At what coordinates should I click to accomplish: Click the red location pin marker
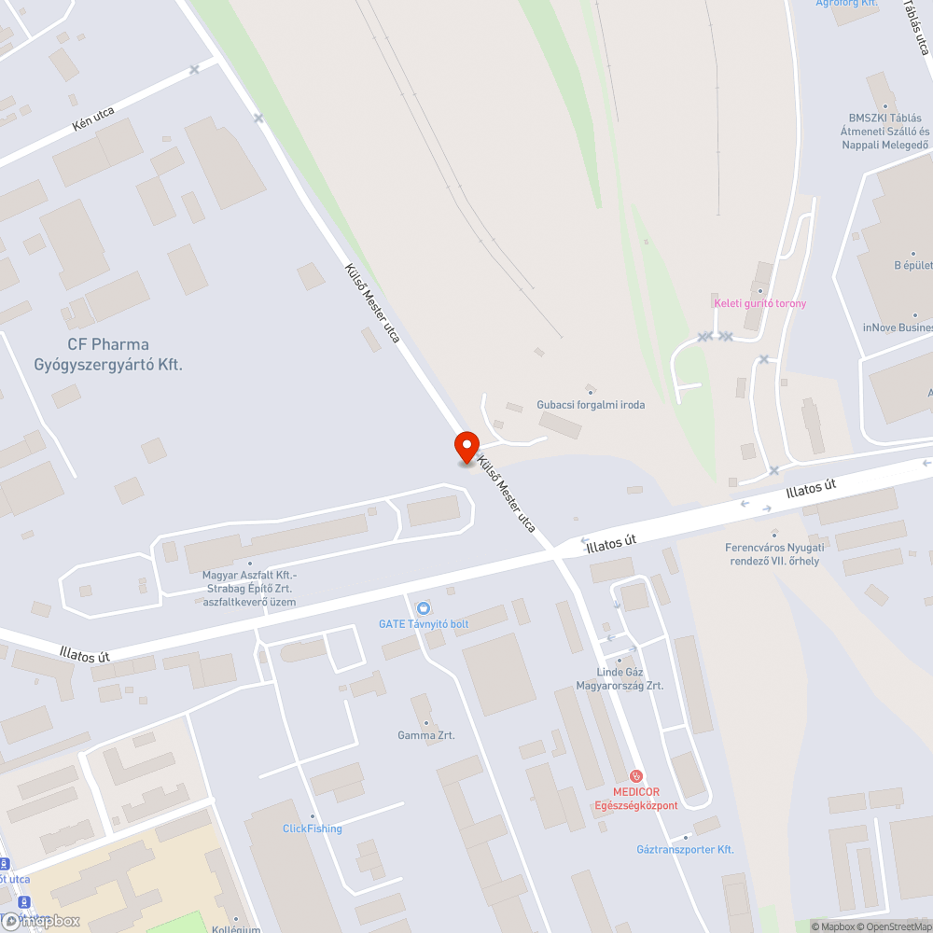click(466, 445)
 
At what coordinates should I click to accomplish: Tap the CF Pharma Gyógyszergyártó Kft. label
click(108, 355)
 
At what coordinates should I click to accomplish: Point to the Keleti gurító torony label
click(759, 303)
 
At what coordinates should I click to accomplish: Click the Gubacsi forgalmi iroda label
click(591, 405)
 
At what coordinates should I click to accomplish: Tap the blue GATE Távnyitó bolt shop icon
click(424, 607)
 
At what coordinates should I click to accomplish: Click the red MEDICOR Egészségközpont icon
click(637, 775)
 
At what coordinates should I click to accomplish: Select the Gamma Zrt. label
click(426, 735)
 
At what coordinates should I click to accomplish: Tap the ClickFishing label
click(313, 829)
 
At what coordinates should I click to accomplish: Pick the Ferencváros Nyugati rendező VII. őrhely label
click(774, 553)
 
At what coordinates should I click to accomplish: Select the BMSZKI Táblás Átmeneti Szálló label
click(884, 132)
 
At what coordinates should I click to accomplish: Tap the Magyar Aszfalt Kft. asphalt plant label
click(250, 588)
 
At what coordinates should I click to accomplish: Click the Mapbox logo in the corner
click(42, 921)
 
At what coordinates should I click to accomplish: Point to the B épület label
click(913, 265)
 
